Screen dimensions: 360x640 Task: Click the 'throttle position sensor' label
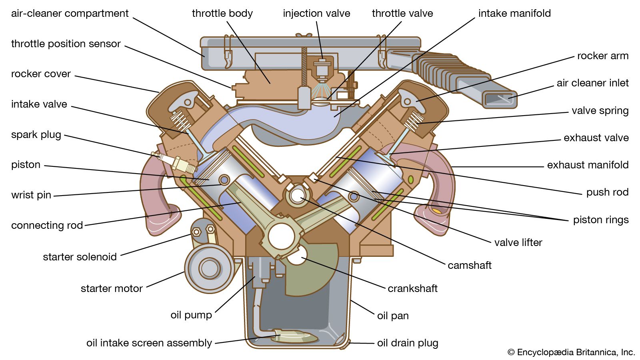coord(66,44)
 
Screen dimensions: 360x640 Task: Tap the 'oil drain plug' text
coord(408,343)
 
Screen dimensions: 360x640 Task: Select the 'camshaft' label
coord(469,265)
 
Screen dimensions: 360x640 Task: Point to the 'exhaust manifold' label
coord(588,165)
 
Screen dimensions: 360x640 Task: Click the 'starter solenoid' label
coord(80,257)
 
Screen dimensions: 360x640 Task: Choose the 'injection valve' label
coord(316,13)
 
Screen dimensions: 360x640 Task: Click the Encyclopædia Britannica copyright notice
coord(571,352)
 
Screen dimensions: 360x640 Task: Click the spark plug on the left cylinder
coord(176,163)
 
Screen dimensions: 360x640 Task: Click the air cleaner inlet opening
coord(499,99)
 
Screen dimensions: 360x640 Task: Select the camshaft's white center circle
coord(297,196)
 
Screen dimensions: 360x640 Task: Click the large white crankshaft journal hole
coord(282,236)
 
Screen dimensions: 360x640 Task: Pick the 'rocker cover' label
coord(41,74)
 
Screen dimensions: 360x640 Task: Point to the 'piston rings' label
coord(601,220)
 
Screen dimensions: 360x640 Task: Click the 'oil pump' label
coord(191,315)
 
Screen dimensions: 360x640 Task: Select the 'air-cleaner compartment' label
coord(70,13)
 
